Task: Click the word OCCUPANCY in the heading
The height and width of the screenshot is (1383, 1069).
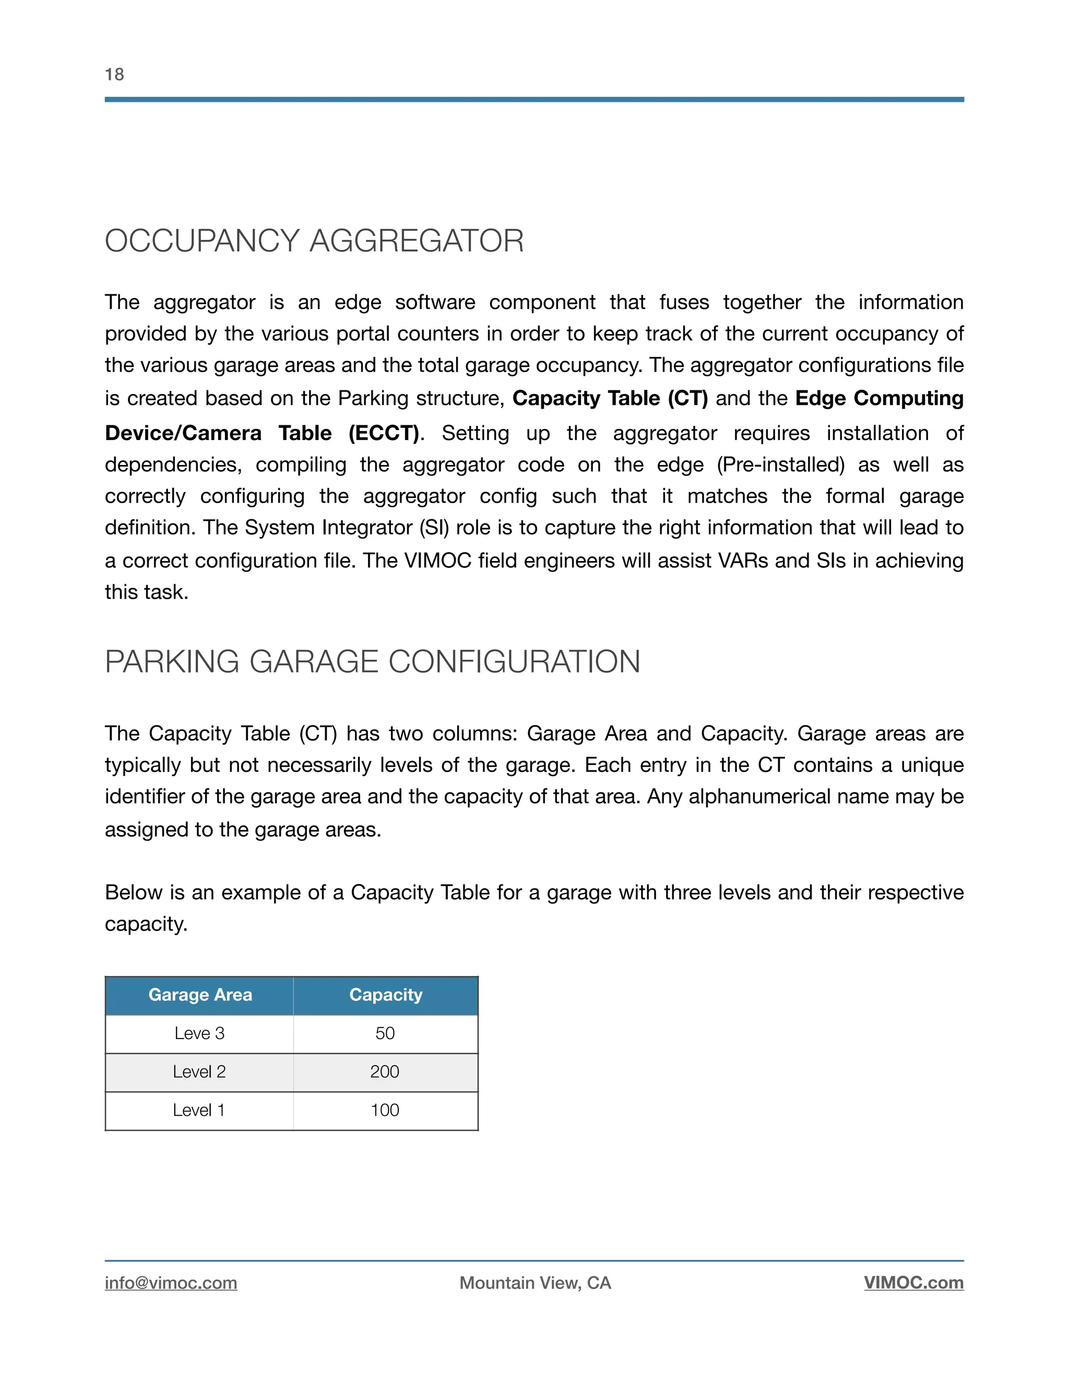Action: [x=202, y=241]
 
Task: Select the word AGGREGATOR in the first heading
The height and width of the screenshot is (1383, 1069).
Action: [x=416, y=241]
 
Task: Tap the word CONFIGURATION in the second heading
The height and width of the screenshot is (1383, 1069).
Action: [x=514, y=662]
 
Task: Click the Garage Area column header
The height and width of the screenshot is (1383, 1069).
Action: [x=200, y=995]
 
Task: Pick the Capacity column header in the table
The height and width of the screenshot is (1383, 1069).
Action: [x=386, y=995]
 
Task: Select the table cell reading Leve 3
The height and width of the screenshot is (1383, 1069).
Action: [x=199, y=1033]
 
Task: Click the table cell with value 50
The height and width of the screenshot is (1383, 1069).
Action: [x=385, y=1033]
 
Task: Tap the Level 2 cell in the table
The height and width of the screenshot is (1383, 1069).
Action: [x=199, y=1072]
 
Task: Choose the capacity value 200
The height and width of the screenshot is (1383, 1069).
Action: [x=385, y=1072]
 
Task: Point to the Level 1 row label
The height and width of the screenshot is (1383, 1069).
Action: [x=199, y=1110]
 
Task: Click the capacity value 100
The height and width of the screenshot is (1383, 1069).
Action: [x=385, y=1110]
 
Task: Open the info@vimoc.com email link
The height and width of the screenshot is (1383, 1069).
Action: [x=171, y=1283]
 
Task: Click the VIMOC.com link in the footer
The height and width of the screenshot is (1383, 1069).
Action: [x=913, y=1283]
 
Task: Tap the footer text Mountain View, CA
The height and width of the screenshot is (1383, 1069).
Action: [x=535, y=1283]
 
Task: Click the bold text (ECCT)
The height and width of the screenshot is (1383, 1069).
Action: [x=384, y=433]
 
